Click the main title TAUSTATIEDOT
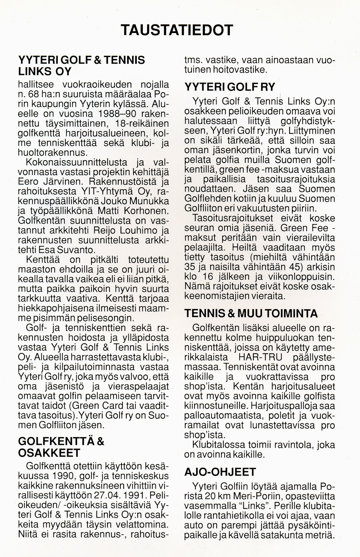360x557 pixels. [x=176, y=30]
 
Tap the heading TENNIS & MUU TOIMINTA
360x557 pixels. [x=251, y=313]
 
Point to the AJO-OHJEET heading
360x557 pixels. [x=220, y=472]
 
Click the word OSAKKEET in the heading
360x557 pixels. [x=49, y=453]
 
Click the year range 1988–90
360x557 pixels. [x=112, y=113]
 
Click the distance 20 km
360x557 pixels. [x=221, y=494]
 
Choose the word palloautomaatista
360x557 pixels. [x=223, y=416]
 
